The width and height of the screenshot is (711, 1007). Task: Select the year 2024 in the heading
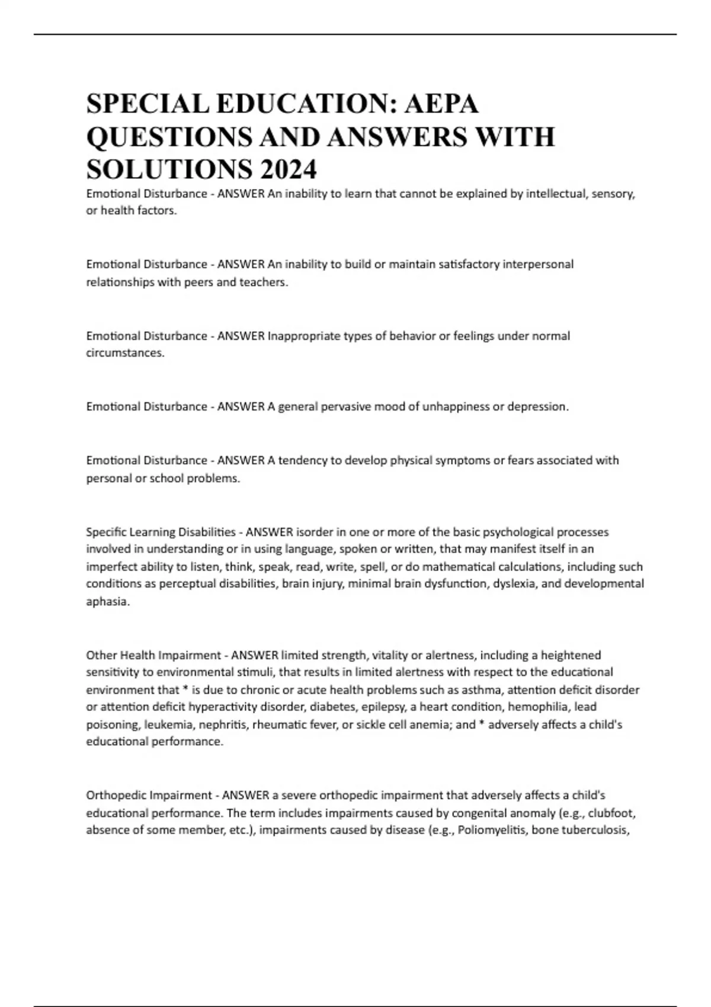tap(287, 170)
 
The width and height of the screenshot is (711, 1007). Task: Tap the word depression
tap(537, 407)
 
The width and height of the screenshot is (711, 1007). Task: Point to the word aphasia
tap(107, 602)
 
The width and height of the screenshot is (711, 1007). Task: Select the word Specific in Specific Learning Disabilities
tap(105, 532)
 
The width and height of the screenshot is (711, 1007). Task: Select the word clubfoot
tap(611, 813)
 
